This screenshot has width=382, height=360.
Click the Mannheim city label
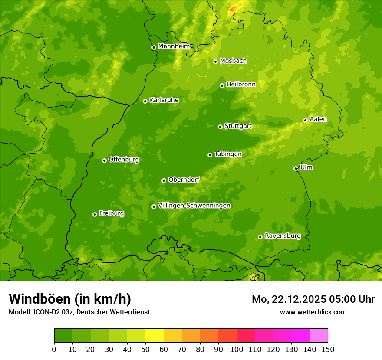(174, 46)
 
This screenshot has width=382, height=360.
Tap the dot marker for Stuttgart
(220, 127)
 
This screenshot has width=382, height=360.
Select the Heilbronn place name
(241, 85)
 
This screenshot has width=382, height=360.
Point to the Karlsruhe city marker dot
(145, 101)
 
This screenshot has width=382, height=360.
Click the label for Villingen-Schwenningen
(194, 206)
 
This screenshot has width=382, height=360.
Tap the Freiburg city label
(111, 213)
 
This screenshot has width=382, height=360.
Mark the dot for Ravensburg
(260, 237)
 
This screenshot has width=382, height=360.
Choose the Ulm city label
(306, 167)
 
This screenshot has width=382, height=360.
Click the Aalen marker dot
(305, 120)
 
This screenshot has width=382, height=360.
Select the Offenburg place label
(124, 160)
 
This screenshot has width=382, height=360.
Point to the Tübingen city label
(228, 154)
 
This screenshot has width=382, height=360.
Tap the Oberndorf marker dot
(164, 180)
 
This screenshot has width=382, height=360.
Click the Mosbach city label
(233, 61)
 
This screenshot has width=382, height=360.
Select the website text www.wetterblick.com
(313, 312)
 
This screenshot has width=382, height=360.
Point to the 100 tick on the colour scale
(237, 349)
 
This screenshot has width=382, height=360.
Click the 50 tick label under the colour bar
(145, 349)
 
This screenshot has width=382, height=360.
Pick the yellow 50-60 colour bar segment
(155, 336)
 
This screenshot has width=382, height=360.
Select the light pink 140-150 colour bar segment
(319, 336)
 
